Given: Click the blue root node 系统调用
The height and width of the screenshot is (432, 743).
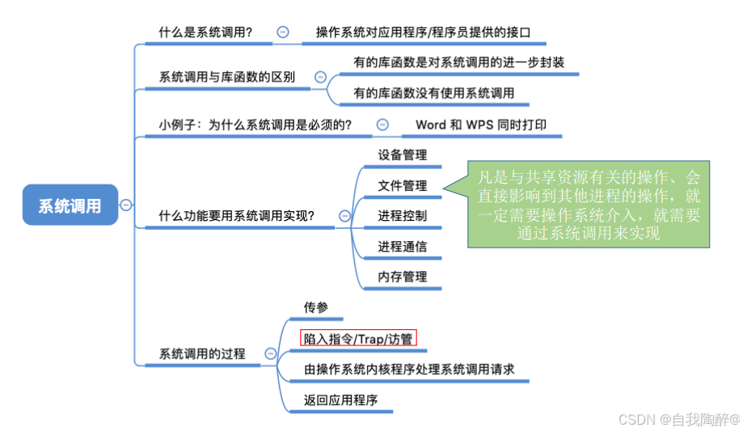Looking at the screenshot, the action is point(70,205).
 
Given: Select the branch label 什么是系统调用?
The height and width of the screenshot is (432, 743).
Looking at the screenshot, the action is point(205,32).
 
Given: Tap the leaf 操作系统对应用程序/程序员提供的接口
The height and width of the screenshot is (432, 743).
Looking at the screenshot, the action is point(423,32).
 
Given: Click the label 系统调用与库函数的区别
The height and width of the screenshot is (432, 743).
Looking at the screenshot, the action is point(226,78).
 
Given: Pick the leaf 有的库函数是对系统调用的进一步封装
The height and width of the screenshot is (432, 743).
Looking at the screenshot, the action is point(458,62).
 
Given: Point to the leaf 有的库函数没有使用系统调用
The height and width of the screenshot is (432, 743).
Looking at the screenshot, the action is point(433,93).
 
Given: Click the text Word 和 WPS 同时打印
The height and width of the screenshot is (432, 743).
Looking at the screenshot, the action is point(480,125).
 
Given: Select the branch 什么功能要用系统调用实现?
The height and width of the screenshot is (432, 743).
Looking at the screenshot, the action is point(237,216).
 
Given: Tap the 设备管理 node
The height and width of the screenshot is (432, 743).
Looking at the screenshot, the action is point(402,155).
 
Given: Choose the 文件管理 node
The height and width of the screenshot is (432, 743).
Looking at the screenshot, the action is point(402,185).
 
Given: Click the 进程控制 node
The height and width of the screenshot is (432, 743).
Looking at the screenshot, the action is point(402,216).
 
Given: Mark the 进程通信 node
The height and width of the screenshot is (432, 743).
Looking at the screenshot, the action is point(402,247).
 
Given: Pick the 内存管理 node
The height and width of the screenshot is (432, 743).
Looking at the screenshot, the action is point(402,277).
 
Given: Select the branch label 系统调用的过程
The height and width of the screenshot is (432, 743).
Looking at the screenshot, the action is point(202,354).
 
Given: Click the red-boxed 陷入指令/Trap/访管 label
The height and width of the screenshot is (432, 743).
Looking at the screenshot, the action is point(358,338).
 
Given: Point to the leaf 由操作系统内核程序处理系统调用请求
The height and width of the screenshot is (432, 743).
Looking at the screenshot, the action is point(409,369).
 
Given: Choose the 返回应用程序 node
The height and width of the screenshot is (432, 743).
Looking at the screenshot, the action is point(340,400).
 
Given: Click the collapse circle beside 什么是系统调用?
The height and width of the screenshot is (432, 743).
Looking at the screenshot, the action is point(282,32).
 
